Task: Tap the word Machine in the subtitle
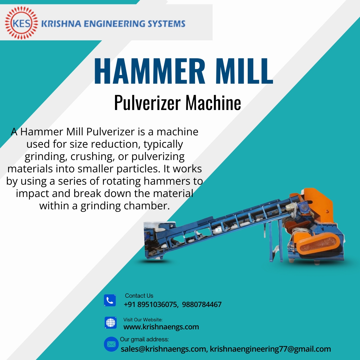tap(213, 102)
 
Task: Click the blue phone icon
tap(110, 300)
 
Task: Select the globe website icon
tap(111, 323)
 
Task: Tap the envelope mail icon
tap(111, 344)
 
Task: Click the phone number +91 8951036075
tap(150, 304)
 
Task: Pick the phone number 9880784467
tap(202, 304)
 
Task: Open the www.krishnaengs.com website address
tap(161, 327)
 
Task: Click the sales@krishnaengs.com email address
tap(163, 349)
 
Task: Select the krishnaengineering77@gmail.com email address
tap(270, 349)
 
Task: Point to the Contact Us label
tap(139, 296)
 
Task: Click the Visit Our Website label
tap(143, 320)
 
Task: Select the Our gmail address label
tap(144, 339)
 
